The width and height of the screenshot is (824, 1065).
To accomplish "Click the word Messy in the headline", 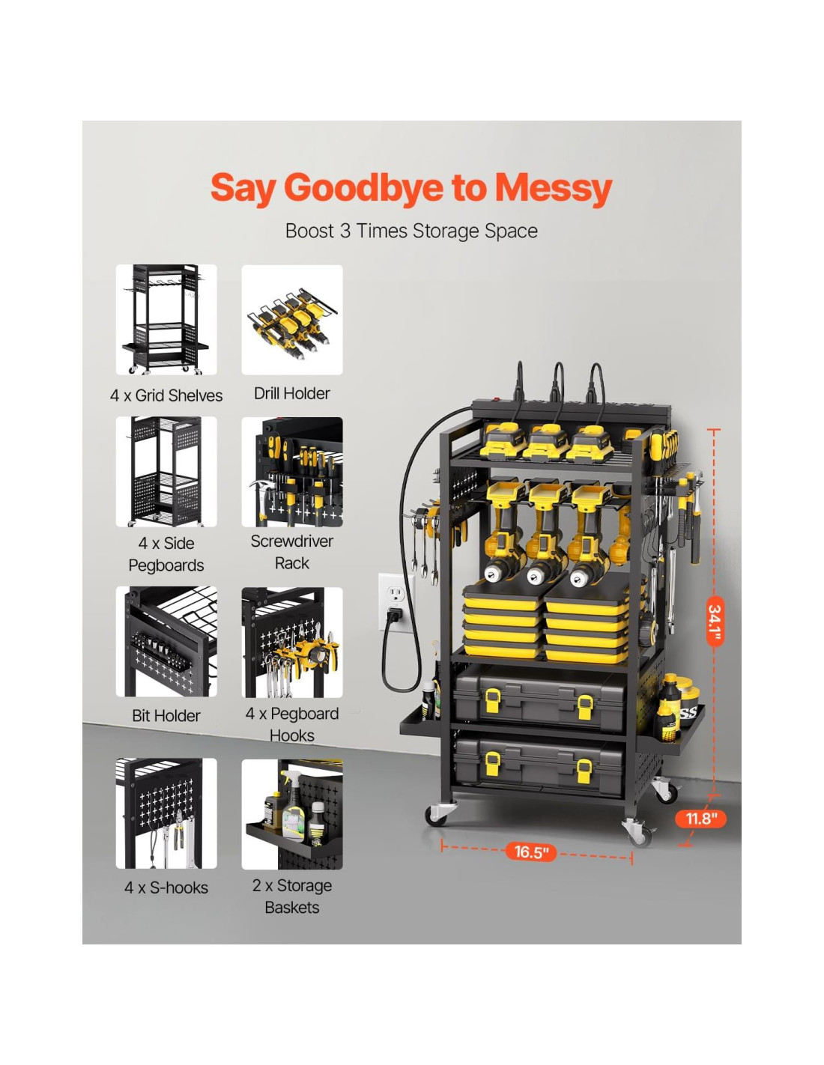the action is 554,189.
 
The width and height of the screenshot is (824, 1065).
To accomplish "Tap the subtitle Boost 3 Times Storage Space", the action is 411,231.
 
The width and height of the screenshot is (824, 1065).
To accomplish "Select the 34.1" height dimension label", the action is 715,621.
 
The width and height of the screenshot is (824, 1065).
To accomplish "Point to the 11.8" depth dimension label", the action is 700,818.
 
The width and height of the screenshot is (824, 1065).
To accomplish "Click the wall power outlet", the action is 396,603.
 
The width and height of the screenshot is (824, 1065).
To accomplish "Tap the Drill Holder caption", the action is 291,393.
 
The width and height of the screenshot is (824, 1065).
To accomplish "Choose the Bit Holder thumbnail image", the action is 166,641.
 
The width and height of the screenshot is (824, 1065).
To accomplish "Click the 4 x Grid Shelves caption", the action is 166,395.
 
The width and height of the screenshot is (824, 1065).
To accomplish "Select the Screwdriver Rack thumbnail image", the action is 292,472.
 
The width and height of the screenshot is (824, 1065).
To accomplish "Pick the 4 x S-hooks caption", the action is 166,887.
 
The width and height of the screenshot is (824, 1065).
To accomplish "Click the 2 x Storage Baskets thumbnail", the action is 292,814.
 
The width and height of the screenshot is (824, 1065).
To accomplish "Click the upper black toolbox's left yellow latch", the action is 493,700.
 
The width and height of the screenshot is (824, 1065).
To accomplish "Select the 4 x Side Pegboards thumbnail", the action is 166,472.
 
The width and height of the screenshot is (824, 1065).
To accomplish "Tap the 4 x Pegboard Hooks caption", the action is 292,724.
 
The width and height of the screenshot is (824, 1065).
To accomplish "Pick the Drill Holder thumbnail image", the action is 292,320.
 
